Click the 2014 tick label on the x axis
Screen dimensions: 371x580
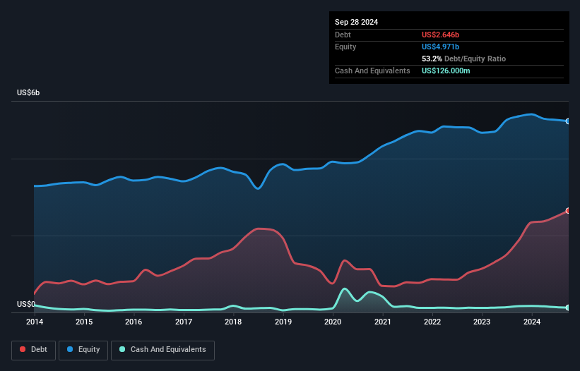coord(34,322)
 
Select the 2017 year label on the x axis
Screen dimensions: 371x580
coord(184,322)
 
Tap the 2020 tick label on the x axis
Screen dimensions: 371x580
coord(333,322)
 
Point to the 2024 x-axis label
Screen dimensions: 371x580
coord(532,322)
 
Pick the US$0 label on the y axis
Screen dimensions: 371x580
coord(26,305)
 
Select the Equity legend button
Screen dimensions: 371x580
coord(83,350)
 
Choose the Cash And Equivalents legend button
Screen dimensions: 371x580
coord(162,350)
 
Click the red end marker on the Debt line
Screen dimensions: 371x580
coord(567,211)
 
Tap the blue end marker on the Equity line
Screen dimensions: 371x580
coord(567,121)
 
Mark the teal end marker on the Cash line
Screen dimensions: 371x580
coord(567,308)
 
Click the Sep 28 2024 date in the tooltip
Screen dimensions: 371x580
coord(357,22)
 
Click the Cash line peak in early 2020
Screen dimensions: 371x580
coord(345,288)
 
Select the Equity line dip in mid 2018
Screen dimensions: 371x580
coord(259,188)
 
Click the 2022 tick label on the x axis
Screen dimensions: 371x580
coord(432,322)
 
